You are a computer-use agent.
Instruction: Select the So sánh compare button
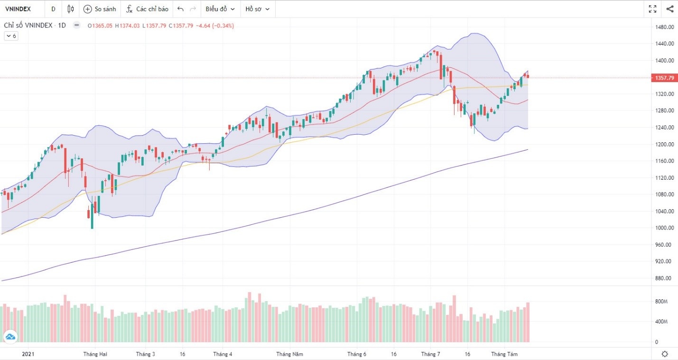click(99, 9)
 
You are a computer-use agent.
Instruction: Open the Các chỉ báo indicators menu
click(147, 9)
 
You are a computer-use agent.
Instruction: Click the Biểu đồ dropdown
click(220, 9)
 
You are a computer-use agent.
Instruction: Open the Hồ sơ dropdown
click(257, 9)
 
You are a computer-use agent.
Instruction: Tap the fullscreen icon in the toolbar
click(652, 9)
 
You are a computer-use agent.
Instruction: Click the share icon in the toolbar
click(669, 9)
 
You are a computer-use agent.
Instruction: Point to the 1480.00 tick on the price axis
click(664, 27)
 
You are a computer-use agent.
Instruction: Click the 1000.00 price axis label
click(664, 228)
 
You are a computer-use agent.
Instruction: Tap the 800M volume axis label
click(661, 302)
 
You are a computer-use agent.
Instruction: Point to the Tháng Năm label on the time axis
click(289, 354)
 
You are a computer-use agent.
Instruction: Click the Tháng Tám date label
click(504, 354)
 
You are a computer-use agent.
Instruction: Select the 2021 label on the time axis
click(28, 354)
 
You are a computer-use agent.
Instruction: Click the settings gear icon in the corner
click(665, 354)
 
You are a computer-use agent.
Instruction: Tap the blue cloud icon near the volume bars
click(10, 337)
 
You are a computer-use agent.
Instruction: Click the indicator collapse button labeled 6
click(11, 36)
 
